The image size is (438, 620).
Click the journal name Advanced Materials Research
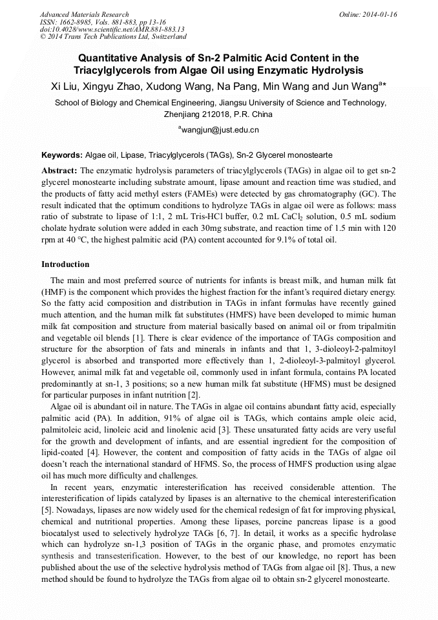tap(84, 14)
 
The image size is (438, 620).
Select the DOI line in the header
tap(112, 29)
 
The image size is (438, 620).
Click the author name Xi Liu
tap(65, 86)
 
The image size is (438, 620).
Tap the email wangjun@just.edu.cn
tap(220, 129)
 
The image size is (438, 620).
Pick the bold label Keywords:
tap(62, 156)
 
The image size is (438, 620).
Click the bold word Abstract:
tap(59, 170)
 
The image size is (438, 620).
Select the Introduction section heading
tap(65, 264)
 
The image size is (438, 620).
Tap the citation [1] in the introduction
tap(137, 338)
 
